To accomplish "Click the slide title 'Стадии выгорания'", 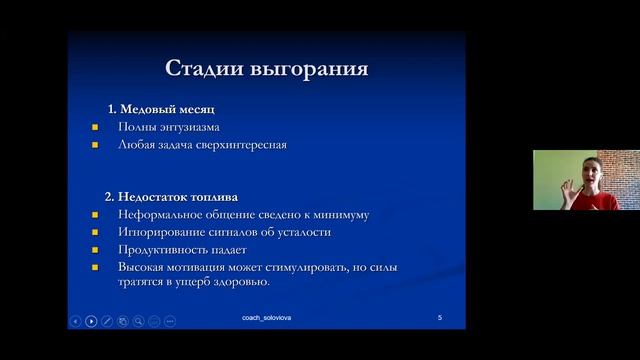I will [x=266, y=69].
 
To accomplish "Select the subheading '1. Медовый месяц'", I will [x=161, y=108].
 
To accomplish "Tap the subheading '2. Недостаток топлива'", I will [x=171, y=196].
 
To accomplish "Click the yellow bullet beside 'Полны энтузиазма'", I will [x=95, y=127].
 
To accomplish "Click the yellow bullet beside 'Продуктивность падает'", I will [x=95, y=250].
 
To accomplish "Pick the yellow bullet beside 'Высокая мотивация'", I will [x=95, y=268].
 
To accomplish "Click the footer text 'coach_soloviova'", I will [x=267, y=317].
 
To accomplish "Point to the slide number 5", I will [x=440, y=317].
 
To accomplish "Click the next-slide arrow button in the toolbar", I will [x=91, y=321].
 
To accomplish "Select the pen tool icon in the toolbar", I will [x=107, y=321].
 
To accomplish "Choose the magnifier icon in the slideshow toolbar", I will [x=138, y=321].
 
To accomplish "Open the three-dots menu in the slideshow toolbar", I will [x=170, y=321].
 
